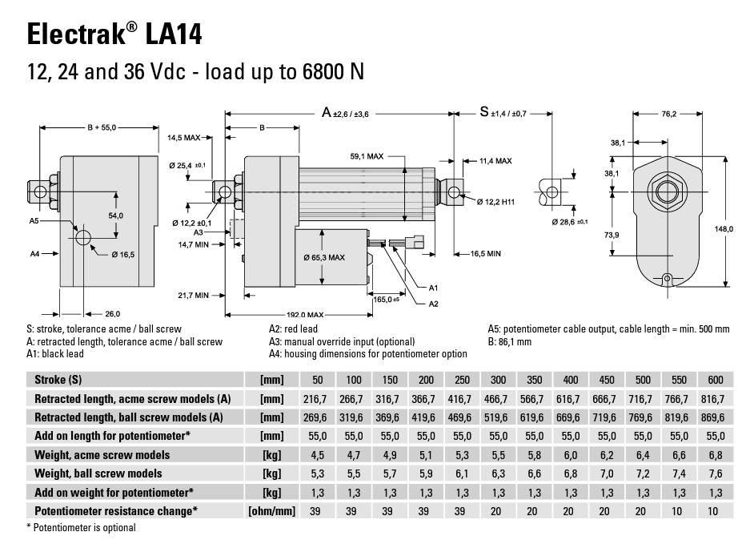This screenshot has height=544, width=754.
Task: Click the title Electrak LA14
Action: (x=114, y=34)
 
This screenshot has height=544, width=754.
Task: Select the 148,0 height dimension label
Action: (x=724, y=229)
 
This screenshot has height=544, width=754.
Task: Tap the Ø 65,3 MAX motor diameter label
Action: (x=324, y=257)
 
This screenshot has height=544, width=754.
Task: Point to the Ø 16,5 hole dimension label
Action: (x=123, y=255)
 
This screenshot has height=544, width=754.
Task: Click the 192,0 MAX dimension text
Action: (x=305, y=315)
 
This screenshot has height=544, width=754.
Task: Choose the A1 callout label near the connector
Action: (x=433, y=288)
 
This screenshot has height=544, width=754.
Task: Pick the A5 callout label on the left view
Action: (x=34, y=221)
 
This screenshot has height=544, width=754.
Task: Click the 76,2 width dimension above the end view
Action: (x=668, y=114)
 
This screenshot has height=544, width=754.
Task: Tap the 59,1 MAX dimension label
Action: (x=367, y=156)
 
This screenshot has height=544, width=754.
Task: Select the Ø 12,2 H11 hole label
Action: (x=495, y=202)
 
